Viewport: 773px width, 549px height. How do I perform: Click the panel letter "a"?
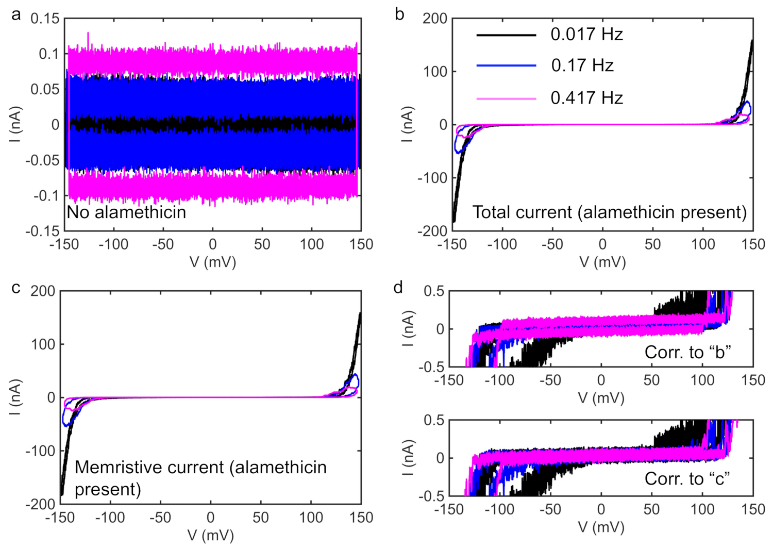pos(16,14)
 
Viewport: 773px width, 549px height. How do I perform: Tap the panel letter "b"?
pos(399,14)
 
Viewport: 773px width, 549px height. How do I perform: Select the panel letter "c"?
pos(16,288)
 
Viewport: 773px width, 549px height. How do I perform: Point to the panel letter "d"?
pos(398,287)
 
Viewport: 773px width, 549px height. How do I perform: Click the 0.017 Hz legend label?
pos(586,35)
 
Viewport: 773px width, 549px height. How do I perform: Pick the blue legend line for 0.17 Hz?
pos(506,65)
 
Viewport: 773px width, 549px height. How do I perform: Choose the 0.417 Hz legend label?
pos(586,98)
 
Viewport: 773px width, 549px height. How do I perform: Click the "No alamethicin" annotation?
pos(126,212)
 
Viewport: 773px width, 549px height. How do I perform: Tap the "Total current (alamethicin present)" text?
pos(610,212)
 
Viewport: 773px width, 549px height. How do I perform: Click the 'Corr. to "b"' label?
pos(688,353)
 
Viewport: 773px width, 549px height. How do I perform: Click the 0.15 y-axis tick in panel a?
pos(45,19)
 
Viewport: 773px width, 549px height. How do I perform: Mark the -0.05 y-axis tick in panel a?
pos(43,160)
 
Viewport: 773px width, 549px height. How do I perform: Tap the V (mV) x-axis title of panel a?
pos(213,262)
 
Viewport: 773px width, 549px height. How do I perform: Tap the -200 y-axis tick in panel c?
pos(40,504)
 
